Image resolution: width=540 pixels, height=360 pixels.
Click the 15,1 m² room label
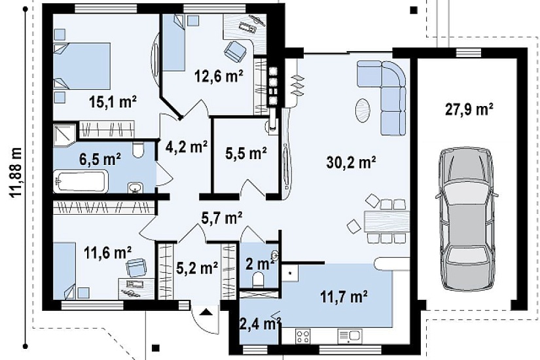(x=113, y=101)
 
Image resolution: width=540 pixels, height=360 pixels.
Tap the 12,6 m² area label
(x=219, y=76)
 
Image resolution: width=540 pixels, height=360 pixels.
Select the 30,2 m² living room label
(x=351, y=162)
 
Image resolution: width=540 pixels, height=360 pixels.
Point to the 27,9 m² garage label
(x=469, y=109)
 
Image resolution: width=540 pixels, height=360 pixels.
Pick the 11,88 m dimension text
(x=16, y=172)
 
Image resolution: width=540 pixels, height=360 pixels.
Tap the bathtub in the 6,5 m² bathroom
(x=81, y=181)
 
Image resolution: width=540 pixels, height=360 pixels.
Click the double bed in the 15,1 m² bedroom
(x=82, y=66)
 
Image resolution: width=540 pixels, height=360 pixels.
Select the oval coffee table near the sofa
(x=363, y=110)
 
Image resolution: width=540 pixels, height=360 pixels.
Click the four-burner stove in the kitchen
(x=303, y=336)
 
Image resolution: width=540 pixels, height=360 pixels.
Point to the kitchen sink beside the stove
(x=350, y=336)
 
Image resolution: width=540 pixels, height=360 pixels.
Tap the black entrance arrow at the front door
(x=206, y=312)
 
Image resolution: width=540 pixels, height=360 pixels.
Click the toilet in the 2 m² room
(x=258, y=279)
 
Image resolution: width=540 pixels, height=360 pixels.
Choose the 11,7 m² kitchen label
(x=344, y=297)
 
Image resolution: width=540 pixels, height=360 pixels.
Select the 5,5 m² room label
(x=246, y=153)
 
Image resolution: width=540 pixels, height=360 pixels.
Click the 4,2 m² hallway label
(x=187, y=147)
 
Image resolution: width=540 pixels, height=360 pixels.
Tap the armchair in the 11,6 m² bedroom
(x=136, y=267)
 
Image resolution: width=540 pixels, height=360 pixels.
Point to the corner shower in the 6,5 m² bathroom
(x=64, y=135)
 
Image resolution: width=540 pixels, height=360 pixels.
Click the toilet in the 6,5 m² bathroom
(x=138, y=149)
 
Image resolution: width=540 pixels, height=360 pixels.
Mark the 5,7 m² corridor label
(x=222, y=217)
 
